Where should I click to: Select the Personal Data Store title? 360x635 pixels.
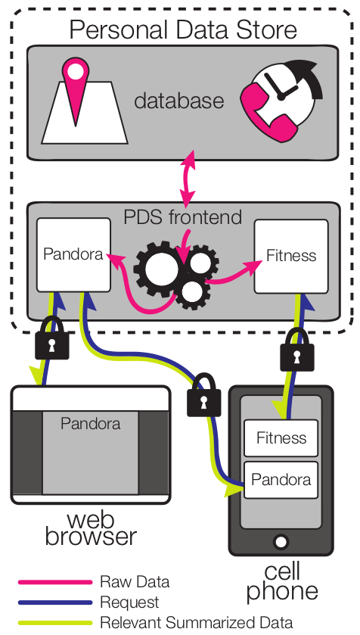183,30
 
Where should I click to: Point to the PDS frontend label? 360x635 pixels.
182,217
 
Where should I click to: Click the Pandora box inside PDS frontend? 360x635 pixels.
73,255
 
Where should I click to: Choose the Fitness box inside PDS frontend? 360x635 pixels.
291,256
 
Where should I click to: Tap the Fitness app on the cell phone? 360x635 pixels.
281,437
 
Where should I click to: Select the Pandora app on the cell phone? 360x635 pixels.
281,480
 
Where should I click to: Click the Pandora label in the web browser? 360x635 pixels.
91,424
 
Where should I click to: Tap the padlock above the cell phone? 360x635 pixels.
297,350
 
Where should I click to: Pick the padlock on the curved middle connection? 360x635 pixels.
204,395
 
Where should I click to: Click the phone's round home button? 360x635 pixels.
281,541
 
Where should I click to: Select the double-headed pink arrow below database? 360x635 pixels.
188,179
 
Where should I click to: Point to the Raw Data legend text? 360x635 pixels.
135,582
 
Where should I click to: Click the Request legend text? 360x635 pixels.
129,602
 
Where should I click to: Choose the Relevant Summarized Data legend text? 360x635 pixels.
196,622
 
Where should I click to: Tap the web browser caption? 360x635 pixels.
91,528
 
